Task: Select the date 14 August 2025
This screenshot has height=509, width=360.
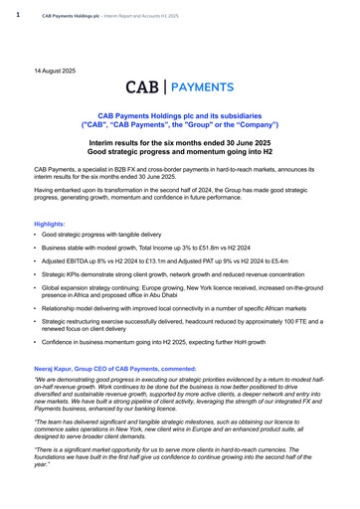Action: (x=56, y=72)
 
